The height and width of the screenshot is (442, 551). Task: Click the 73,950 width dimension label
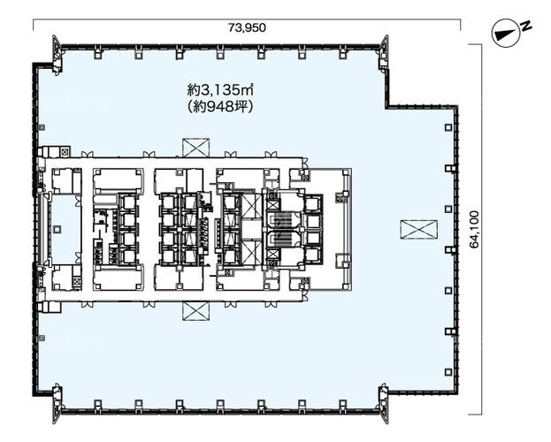[x=247, y=27]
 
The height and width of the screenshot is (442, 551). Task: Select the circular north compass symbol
[x=506, y=34]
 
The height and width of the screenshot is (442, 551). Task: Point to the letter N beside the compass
[x=526, y=26]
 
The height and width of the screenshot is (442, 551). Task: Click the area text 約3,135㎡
[x=221, y=91]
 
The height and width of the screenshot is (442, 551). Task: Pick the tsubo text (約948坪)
[x=221, y=107]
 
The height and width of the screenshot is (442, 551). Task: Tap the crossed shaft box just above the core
[x=195, y=148]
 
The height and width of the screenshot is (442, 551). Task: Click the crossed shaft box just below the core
[x=195, y=311]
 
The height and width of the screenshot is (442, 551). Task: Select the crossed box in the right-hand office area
[x=418, y=230]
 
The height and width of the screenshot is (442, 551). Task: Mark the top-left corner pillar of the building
[x=57, y=54]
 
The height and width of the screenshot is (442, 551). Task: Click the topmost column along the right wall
[x=448, y=127]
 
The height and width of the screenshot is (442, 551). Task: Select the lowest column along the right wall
[x=448, y=372]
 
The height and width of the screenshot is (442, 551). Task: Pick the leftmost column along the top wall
[x=97, y=53]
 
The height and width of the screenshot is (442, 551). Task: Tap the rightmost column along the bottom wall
[x=343, y=404]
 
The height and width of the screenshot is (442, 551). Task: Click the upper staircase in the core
[x=280, y=221]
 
